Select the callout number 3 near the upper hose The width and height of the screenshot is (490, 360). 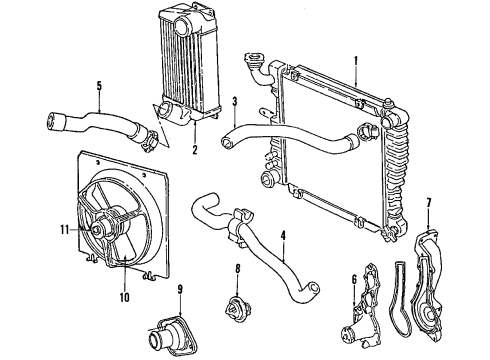coord(234,101)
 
